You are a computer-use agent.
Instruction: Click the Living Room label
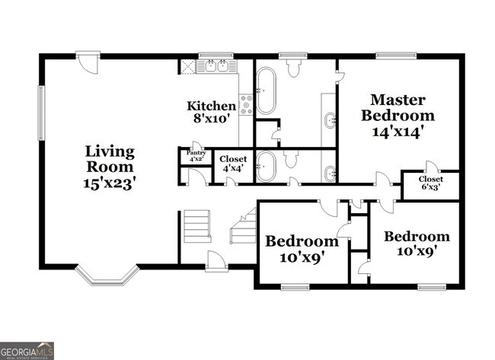(x=110, y=158)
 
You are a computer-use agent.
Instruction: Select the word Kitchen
(x=211, y=106)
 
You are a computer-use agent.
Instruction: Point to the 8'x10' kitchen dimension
(x=211, y=119)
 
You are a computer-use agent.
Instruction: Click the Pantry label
(x=196, y=152)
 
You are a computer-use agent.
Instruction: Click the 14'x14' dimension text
(x=398, y=132)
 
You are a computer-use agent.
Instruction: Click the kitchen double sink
(x=215, y=66)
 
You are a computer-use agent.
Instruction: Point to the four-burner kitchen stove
(x=247, y=104)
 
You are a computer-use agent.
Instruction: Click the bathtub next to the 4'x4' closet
(x=266, y=166)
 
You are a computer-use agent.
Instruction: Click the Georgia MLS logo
(x=27, y=350)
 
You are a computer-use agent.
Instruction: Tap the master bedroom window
(x=392, y=55)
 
